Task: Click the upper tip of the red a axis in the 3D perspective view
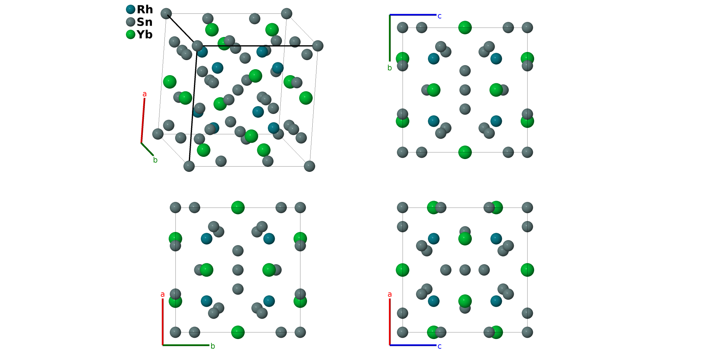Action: click(144, 99)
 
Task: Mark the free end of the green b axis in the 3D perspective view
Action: click(153, 155)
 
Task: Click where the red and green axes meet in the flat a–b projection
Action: click(163, 345)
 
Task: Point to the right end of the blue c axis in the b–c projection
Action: click(436, 15)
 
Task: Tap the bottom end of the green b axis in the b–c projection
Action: click(390, 61)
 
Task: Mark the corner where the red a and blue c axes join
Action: click(390, 345)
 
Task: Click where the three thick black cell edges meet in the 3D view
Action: click(197, 46)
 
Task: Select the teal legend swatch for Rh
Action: click(131, 9)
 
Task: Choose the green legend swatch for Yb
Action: click(131, 34)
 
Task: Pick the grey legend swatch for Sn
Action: click(131, 22)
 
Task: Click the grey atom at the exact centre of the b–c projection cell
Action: click(465, 90)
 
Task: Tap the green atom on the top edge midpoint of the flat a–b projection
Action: click(238, 208)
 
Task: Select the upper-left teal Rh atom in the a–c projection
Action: click(434, 239)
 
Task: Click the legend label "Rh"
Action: click(145, 9)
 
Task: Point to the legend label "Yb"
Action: click(144, 34)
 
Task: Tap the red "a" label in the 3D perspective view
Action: click(144, 94)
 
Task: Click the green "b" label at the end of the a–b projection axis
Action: click(213, 346)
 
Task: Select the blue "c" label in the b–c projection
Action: click(440, 16)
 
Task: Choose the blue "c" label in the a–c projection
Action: click(440, 346)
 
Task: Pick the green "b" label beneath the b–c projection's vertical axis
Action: click(390, 68)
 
